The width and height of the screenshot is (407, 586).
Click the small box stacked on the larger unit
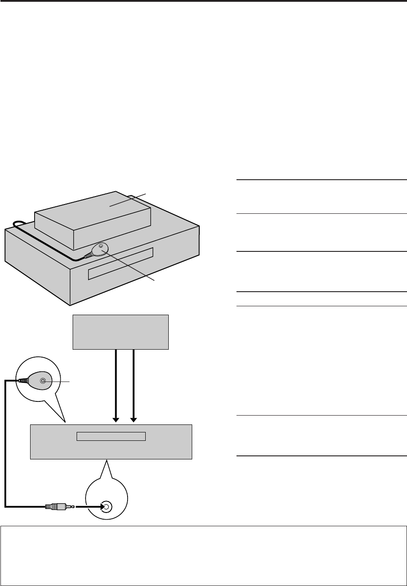click(x=93, y=221)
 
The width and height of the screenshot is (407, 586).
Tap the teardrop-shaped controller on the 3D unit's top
click(x=98, y=251)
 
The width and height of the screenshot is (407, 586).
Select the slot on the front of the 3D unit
click(x=120, y=264)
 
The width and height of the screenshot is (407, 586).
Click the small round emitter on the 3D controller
click(x=101, y=246)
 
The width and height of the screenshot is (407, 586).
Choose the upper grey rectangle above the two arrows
click(x=120, y=332)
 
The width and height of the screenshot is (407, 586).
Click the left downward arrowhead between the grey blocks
click(x=116, y=419)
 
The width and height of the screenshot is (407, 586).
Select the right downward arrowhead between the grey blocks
click(x=134, y=419)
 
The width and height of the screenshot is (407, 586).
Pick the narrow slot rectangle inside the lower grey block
click(x=111, y=436)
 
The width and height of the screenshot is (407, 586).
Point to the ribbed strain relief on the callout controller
click(x=22, y=380)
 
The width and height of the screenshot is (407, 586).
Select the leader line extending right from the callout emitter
click(x=62, y=380)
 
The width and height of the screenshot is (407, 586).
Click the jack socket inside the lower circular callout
click(x=106, y=506)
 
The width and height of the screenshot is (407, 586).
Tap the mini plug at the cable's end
click(x=58, y=506)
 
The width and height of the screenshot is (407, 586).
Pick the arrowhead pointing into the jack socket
click(x=101, y=506)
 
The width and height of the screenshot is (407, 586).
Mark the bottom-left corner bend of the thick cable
click(x=6, y=505)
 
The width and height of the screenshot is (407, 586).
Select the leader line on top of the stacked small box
click(x=128, y=200)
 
